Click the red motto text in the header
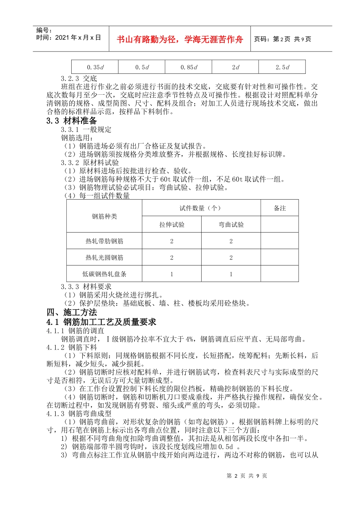pos(180,39)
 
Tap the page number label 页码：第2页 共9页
pos(282,39)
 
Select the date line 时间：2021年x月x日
pos(69,37)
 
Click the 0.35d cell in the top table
pos(95,67)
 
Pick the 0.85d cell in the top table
pos(189,67)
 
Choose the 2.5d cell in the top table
pos(282,67)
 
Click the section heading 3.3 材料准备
pos(72,121)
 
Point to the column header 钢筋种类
pos(105,216)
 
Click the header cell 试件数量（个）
pos(201,208)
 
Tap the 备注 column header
pos(280,208)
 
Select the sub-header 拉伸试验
pos(172,225)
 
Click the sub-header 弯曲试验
pos(231,225)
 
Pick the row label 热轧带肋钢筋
pos(105,241)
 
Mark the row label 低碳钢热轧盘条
pos(105,274)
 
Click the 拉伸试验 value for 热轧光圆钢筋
pos(172,258)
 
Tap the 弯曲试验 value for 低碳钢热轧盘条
pos(231,274)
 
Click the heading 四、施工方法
pos(72,312)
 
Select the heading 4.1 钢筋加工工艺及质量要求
pos(101,322)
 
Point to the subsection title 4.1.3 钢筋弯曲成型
pos(79,414)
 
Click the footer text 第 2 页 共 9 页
pos(247,476)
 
